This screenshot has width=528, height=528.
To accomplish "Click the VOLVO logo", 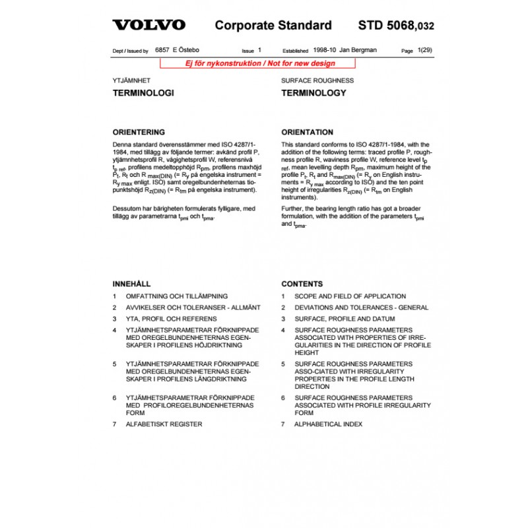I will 148,26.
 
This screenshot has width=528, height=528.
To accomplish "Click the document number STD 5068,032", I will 396,26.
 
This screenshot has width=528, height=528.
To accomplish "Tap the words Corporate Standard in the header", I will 273,26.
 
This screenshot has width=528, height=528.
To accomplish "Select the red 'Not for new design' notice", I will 258,63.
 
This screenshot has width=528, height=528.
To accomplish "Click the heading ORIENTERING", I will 139,132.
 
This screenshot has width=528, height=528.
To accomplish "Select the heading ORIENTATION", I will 308,132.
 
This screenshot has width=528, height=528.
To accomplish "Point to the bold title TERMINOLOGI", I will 143,93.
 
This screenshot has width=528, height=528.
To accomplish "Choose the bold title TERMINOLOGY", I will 313,93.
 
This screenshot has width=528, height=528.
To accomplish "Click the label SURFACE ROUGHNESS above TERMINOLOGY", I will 317,81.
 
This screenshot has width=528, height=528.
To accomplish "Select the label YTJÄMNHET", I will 131,81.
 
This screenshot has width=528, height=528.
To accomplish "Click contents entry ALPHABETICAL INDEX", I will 328,424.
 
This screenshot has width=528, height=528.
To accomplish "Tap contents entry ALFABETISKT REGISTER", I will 164,424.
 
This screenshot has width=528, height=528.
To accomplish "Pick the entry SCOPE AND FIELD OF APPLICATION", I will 350,296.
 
